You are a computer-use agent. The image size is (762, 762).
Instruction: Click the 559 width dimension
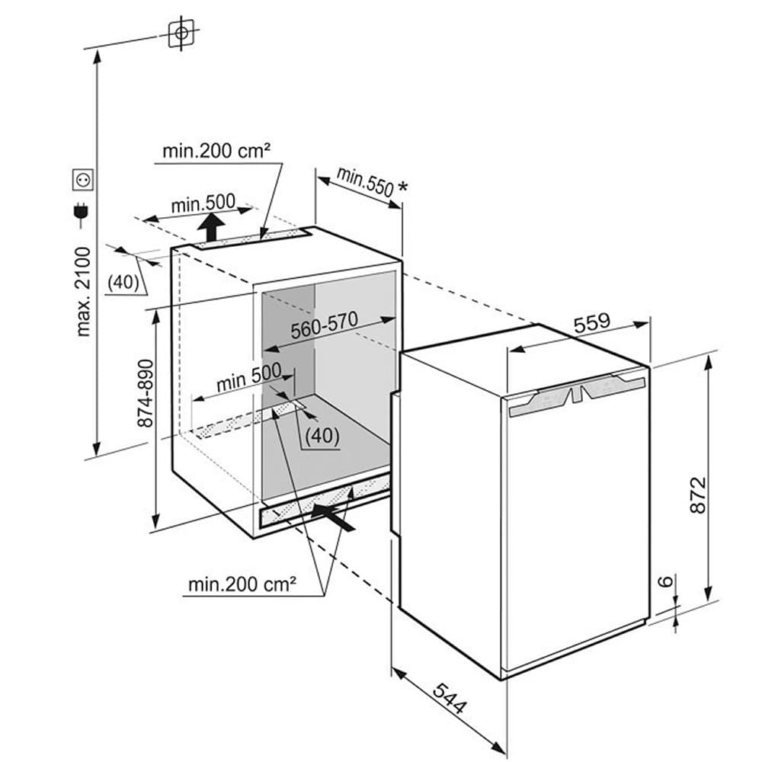pos(593,323)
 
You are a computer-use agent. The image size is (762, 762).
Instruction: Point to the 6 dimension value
pos(667,583)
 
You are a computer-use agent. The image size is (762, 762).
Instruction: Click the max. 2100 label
pos(85,290)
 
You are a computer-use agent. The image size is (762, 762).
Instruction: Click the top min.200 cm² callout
pos(216,151)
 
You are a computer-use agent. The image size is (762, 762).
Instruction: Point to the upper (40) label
pos(123,283)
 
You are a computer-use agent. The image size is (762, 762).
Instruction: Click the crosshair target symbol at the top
pos(181,33)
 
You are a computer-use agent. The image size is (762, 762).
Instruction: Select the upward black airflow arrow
pos(213,226)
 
